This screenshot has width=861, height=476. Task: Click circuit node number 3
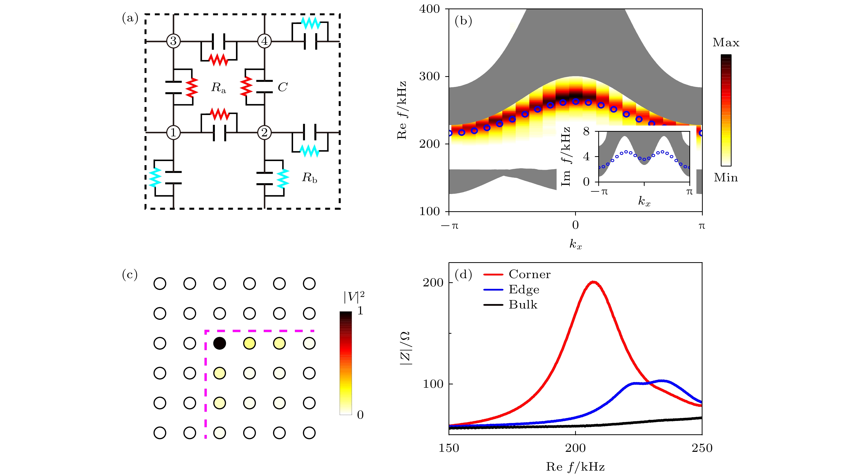click(x=173, y=41)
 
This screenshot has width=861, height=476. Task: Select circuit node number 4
click(x=264, y=41)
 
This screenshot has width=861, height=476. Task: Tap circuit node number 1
click(x=173, y=132)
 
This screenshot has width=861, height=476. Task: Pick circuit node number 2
click(x=264, y=132)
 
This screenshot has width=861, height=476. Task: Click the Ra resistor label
click(x=218, y=87)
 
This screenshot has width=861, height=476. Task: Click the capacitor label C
click(x=283, y=87)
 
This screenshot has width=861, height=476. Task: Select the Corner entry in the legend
click(x=529, y=274)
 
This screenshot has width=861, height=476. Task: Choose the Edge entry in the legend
click(x=524, y=289)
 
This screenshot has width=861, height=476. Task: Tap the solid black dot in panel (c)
click(x=219, y=343)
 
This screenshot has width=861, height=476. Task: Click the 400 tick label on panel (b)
click(x=429, y=9)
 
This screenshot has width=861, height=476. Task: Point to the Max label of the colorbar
click(x=726, y=42)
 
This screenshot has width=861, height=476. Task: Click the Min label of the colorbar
click(x=726, y=178)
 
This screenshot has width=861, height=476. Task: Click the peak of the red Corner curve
click(x=593, y=282)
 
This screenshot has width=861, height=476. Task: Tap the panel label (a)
click(x=130, y=18)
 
